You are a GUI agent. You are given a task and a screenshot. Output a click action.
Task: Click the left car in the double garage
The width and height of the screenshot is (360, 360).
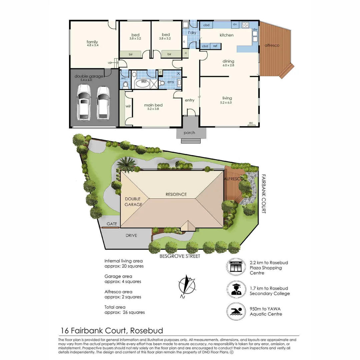(x=83, y=102)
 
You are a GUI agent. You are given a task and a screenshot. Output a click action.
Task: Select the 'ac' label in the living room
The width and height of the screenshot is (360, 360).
(x=251, y=123)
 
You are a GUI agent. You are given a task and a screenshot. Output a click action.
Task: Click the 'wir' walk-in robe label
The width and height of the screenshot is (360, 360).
(x=128, y=107)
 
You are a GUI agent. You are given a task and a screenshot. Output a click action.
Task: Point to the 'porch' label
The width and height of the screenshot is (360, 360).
(x=189, y=133)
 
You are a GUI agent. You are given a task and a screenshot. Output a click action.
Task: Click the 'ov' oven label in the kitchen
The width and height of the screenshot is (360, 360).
(x=235, y=24)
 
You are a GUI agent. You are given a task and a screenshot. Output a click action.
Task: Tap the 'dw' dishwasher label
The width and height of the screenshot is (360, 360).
(x=255, y=29)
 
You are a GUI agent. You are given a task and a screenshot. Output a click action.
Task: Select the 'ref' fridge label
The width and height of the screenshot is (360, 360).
(x=215, y=46)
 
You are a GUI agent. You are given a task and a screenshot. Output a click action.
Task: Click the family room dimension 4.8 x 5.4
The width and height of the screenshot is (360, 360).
(x=92, y=45)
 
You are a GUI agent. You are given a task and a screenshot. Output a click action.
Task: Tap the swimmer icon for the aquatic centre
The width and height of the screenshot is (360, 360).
(x=236, y=312)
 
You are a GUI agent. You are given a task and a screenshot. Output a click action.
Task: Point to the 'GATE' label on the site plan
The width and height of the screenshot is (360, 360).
(x=112, y=224)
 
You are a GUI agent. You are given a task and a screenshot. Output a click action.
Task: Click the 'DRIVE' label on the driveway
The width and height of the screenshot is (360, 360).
(x=131, y=235)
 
